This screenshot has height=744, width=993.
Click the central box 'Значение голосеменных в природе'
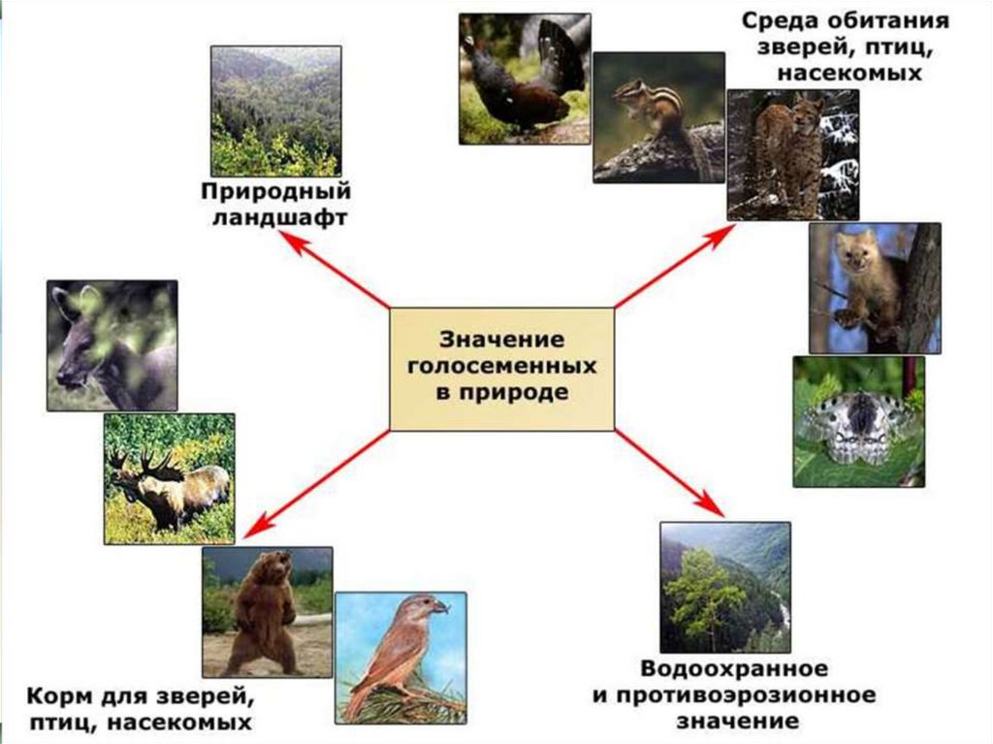click(x=501, y=369)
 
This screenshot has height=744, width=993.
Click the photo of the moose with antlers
click(x=169, y=478)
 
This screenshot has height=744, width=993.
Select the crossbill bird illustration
click(x=400, y=657)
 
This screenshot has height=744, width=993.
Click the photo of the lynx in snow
click(x=792, y=155)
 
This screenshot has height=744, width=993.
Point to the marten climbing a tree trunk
click(x=874, y=287)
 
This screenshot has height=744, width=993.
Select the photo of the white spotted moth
click(x=858, y=421)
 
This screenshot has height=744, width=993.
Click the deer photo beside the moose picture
click(x=112, y=344)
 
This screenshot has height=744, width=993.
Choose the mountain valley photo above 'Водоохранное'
click(x=724, y=586)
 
